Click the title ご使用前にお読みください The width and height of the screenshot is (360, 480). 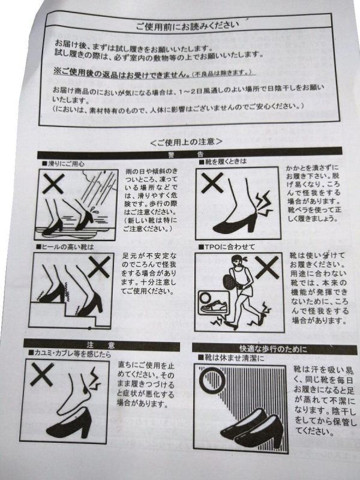(x=187, y=25)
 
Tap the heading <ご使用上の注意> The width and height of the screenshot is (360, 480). (x=186, y=142)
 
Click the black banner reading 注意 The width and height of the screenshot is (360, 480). (x=101, y=345)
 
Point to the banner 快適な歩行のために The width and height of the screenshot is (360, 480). (x=275, y=349)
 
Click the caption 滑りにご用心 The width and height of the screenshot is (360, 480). (x=63, y=164)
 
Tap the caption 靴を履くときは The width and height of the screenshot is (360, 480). (x=223, y=161)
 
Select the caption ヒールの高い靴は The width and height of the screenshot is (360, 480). (x=65, y=247)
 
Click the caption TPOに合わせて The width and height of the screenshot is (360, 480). (x=227, y=247)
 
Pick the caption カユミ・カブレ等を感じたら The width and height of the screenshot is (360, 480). (x=70, y=354)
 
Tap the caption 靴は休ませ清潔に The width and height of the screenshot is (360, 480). (x=231, y=358)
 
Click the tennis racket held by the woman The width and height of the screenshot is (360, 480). (x=228, y=280)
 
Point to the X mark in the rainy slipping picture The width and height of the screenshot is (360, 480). (x=53, y=184)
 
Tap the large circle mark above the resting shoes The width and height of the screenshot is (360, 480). (x=212, y=381)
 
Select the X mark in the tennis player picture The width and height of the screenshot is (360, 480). (x=267, y=268)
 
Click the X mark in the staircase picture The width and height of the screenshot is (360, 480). (x=99, y=267)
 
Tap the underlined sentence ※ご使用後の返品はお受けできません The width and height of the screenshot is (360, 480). (x=121, y=73)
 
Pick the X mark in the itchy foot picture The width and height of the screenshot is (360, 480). (x=42, y=374)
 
